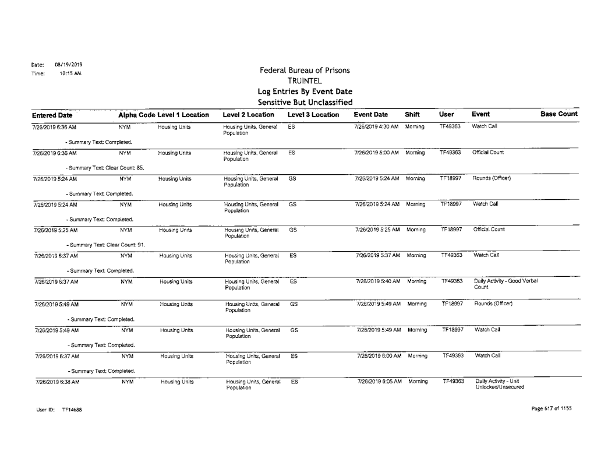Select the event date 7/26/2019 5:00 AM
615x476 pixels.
point(377,152)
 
